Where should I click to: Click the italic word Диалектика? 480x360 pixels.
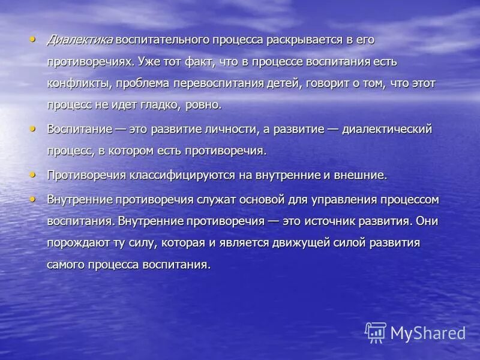click(80, 40)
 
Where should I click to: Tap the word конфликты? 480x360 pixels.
click(79, 83)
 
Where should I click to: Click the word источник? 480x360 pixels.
click(333, 221)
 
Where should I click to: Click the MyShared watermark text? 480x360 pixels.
click(427, 333)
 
